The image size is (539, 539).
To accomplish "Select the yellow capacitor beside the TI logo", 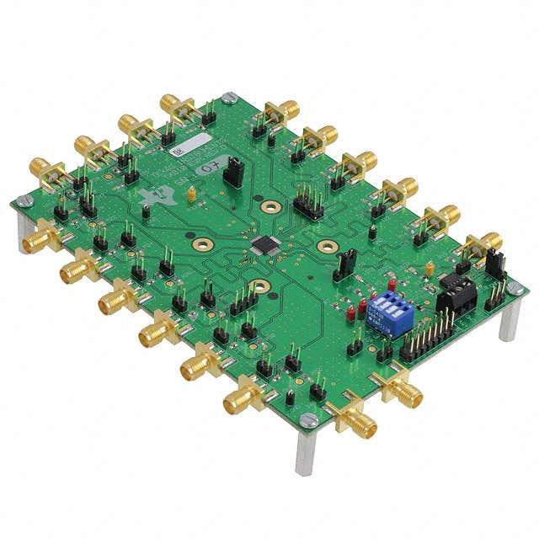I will [x=192, y=195].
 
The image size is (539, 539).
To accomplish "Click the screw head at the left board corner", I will [x=26, y=200].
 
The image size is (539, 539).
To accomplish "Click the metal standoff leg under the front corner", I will [x=304, y=455].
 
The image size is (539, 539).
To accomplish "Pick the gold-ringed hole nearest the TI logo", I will [x=202, y=245].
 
